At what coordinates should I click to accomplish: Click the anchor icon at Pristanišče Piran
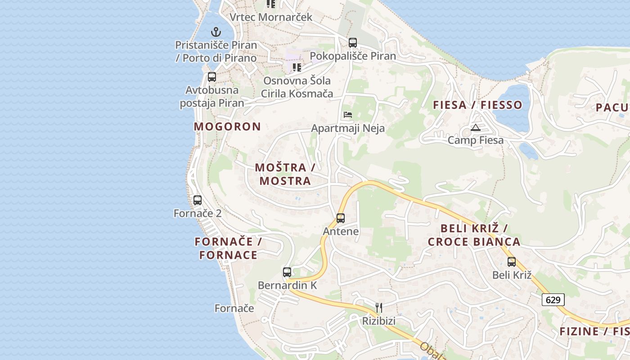point(216,32)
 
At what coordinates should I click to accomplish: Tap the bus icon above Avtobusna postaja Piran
point(211,77)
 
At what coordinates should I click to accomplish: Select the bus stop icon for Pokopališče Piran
point(353,43)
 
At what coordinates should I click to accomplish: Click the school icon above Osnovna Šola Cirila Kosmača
point(297,67)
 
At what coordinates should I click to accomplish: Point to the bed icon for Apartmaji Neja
point(348,115)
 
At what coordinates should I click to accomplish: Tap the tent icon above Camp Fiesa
point(476,127)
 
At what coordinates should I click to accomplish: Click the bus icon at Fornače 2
point(198,200)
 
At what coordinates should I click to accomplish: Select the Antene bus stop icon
point(341,218)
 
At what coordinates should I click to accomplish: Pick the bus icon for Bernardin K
point(287,272)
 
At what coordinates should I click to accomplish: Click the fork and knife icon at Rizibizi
point(379,308)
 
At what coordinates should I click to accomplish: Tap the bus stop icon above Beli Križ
point(512,262)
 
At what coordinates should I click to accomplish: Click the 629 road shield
point(553,300)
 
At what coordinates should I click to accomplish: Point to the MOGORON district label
point(227,126)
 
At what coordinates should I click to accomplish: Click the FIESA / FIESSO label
point(477,105)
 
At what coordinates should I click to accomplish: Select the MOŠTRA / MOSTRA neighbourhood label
point(285,174)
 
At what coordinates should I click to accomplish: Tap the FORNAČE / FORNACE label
point(228,248)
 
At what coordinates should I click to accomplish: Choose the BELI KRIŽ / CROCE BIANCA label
point(474,235)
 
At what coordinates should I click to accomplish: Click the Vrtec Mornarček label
point(271,17)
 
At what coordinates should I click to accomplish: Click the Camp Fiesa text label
point(476,140)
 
